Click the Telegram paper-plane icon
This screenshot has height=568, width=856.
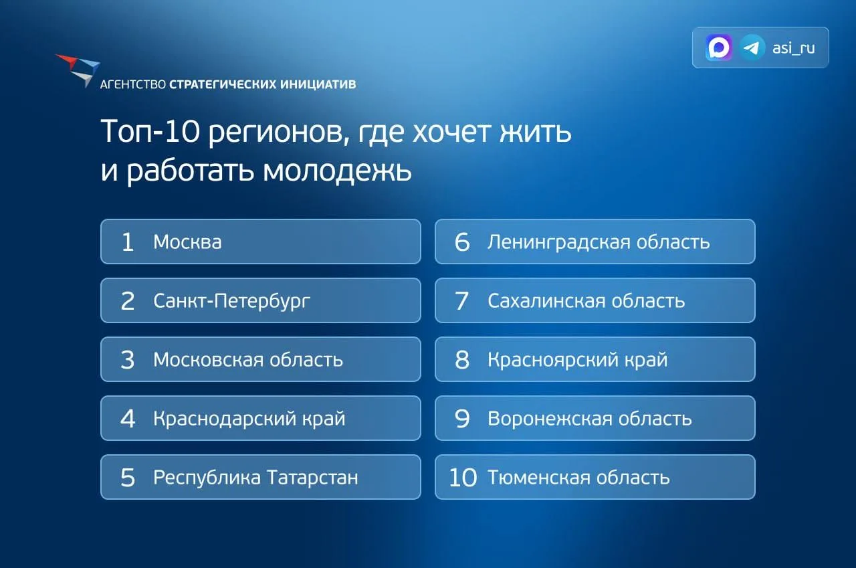[x=752, y=48]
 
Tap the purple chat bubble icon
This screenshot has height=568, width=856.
[x=719, y=48]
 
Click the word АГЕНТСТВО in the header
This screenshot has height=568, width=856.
[x=133, y=84]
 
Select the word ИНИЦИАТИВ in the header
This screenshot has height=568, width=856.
[x=318, y=84]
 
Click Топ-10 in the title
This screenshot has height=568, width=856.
[x=150, y=132]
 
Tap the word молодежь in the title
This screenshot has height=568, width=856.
[x=337, y=171]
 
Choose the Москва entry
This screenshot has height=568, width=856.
[x=187, y=242]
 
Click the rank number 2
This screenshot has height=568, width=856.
[x=128, y=301]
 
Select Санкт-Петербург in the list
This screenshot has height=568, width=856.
[x=231, y=301]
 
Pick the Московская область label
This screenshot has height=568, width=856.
[x=248, y=360]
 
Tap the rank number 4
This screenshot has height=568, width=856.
[x=128, y=419]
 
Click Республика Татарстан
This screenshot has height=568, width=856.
[x=255, y=478]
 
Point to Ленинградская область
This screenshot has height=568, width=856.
[x=599, y=242]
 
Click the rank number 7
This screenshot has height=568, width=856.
[x=461, y=301]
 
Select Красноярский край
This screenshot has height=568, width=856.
[x=577, y=360]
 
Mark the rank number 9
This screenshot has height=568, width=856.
[x=462, y=419]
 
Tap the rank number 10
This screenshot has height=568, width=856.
[x=463, y=478]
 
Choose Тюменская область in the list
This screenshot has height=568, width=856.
[x=578, y=478]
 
